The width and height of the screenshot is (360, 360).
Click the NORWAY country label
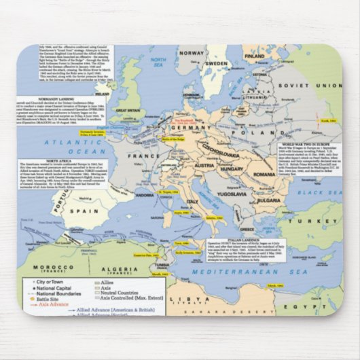click(192, 52)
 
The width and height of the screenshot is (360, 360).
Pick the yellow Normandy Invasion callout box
click(94, 133)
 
